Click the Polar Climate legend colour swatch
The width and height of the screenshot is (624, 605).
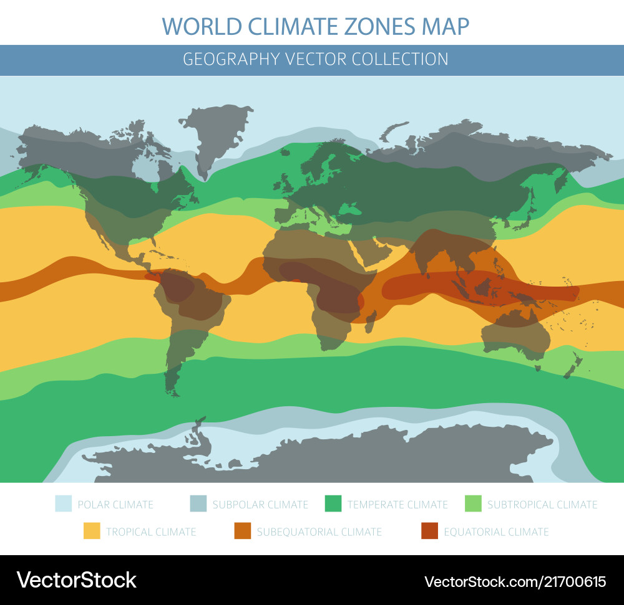63,504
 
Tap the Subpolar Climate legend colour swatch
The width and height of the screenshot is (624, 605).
198,504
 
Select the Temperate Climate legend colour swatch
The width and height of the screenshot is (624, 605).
333,504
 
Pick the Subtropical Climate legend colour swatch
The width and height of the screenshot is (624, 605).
473,504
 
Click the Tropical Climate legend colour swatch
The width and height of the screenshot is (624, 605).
92,531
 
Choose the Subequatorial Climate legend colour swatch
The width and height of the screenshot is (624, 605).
242,531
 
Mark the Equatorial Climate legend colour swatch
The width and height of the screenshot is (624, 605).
429,531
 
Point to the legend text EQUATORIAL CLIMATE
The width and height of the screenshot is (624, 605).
496,531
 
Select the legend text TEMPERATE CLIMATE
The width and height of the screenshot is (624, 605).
397,504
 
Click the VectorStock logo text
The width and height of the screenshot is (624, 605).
76,580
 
